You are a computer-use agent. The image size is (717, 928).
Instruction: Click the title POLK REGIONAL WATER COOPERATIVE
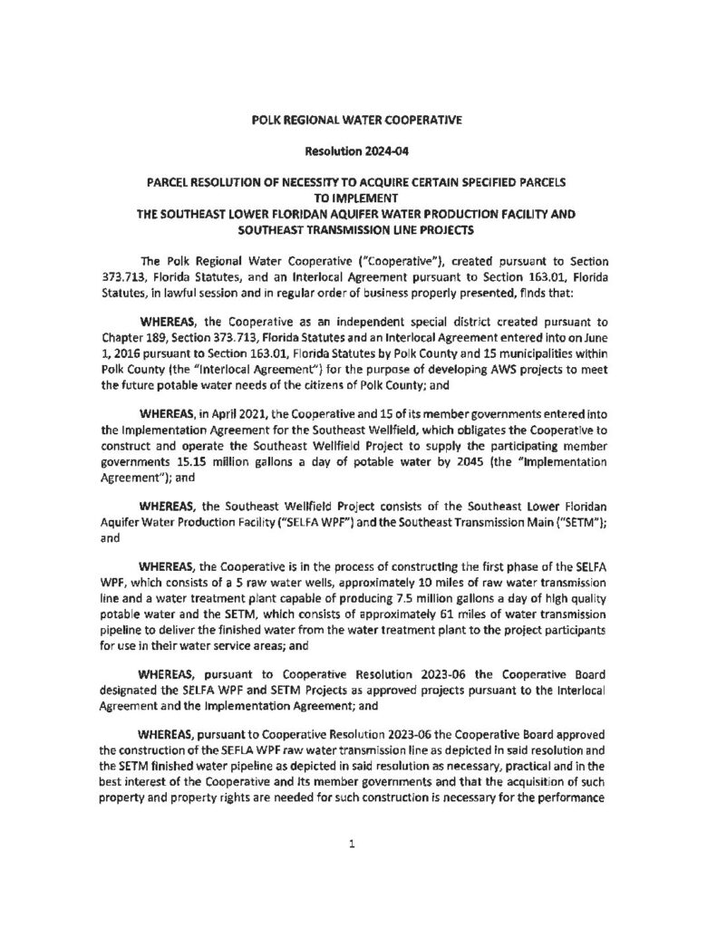pyautogui.click(x=357, y=119)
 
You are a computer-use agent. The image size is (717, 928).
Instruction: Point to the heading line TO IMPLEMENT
pyautogui.click(x=357, y=197)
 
